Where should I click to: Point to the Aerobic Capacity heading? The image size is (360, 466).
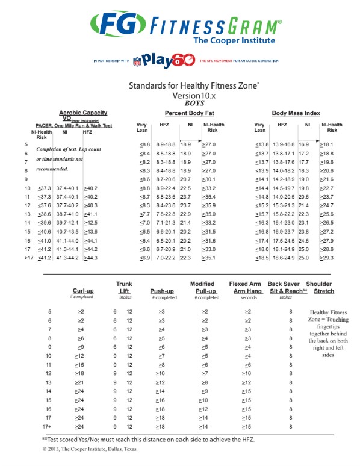[x=82, y=113]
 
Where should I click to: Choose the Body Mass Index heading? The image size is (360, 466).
[x=296, y=113]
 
